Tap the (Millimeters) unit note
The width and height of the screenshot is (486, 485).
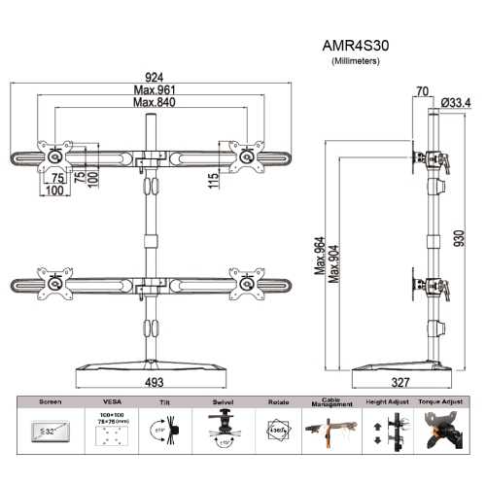(356, 60)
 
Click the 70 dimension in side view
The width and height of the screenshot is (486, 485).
(421, 91)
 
